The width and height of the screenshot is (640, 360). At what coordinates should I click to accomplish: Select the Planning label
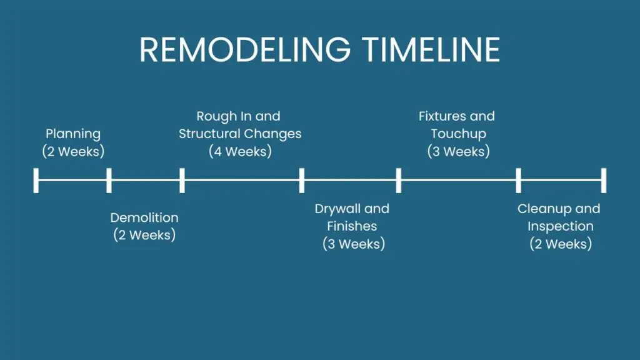(73, 134)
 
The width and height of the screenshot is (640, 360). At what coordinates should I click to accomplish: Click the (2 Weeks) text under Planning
(73, 151)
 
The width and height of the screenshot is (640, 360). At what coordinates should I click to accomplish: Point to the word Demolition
(144, 217)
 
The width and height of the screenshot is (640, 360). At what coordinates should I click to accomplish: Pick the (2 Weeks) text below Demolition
(144, 235)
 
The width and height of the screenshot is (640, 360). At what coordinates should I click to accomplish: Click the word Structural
(209, 134)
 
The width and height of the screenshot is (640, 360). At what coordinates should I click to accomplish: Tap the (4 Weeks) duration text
(240, 151)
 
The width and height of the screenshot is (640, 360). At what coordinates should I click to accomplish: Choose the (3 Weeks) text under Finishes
(354, 244)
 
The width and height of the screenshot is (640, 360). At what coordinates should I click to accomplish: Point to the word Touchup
(458, 134)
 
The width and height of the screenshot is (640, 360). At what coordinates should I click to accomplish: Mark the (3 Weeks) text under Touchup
(458, 151)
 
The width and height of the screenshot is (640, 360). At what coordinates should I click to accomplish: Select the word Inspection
(560, 226)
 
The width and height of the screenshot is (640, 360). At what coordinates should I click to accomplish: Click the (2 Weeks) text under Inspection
(560, 244)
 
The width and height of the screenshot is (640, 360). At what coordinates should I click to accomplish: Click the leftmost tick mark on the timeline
(36, 180)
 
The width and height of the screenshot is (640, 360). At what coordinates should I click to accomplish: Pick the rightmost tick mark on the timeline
(603, 180)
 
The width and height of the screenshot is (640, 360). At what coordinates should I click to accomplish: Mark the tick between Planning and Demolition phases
(109, 180)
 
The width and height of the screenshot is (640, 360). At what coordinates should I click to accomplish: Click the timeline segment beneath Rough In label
(241, 180)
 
